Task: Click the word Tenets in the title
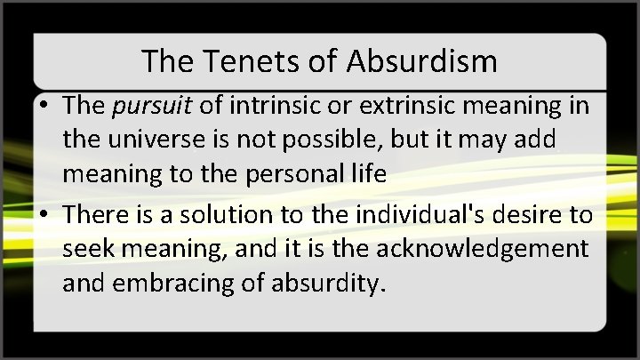[233, 61]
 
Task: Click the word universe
[157, 140]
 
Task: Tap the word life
[370, 173]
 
